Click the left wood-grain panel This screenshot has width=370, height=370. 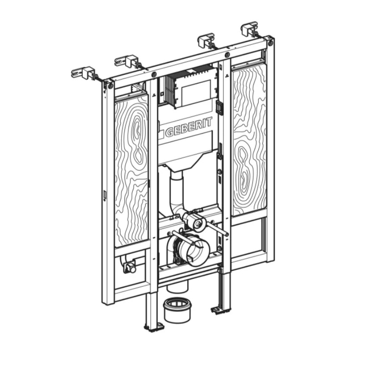click(x=132, y=171)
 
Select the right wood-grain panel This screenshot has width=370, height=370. click(x=249, y=139)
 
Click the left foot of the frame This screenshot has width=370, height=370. click(x=153, y=327)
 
